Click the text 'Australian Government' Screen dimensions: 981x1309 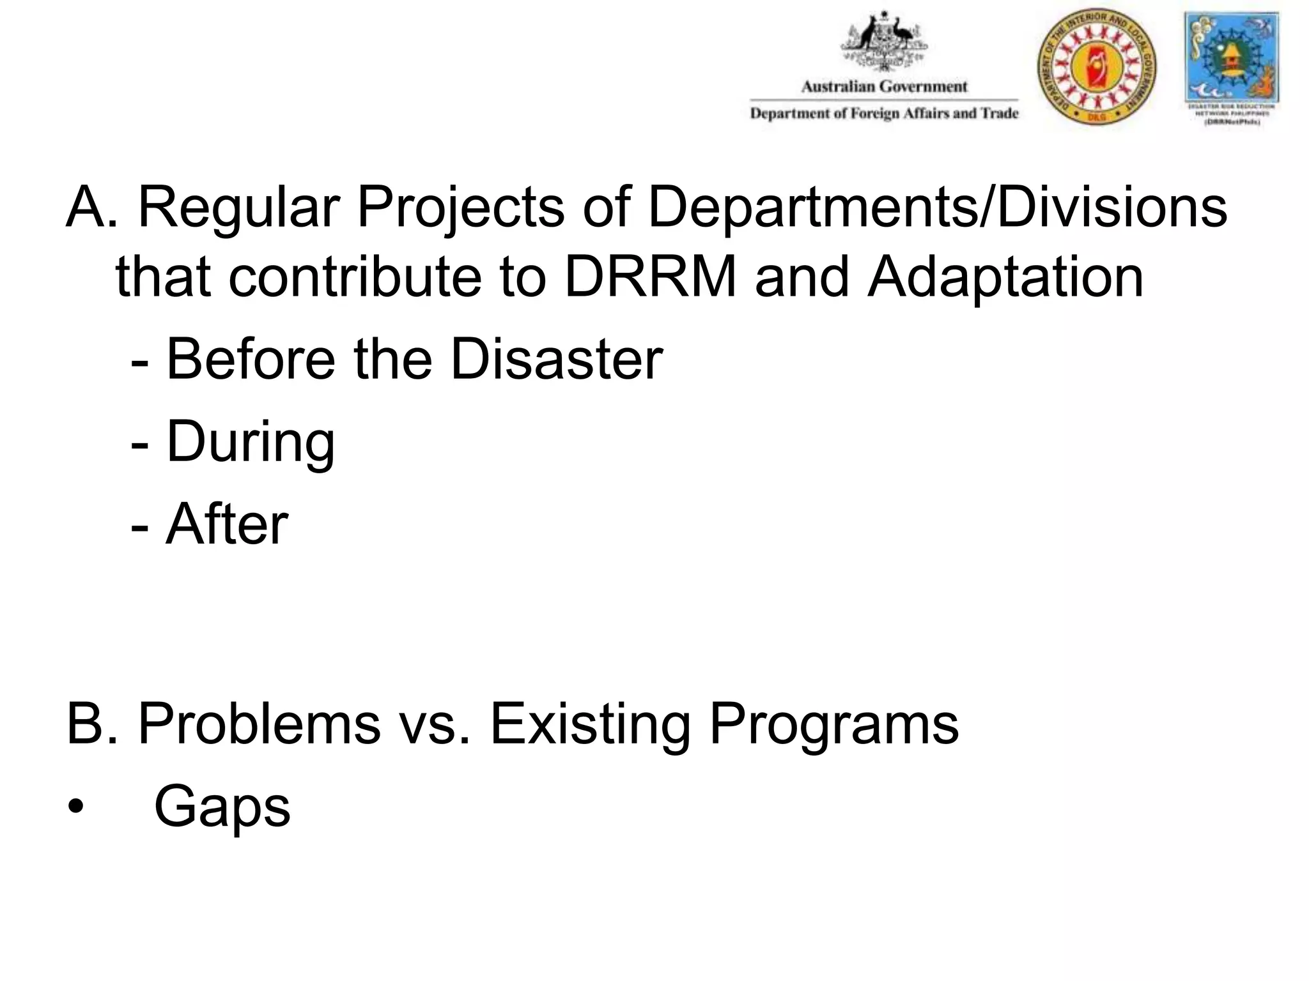pyautogui.click(x=884, y=87)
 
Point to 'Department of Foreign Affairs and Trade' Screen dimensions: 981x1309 pyautogui.click(x=884, y=114)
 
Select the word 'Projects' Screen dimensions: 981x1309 pyautogui.click(x=460, y=208)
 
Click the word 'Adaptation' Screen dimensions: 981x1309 pyautogui.click(x=1005, y=278)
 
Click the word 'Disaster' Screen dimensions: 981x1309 pyautogui.click(x=556, y=359)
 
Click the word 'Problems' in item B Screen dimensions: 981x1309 pyautogui.click(x=259, y=724)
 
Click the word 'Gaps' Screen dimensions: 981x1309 pyautogui.click(x=222, y=807)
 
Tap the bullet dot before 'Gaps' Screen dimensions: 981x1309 pyautogui.click(x=75, y=807)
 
